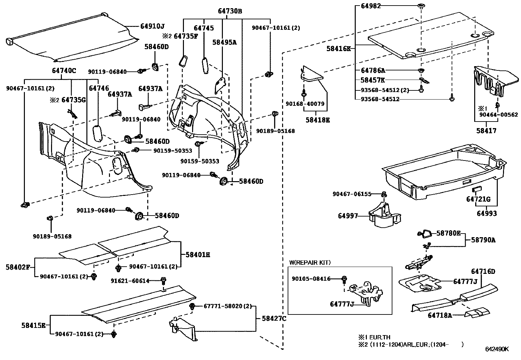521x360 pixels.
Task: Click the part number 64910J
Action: (x=153, y=26)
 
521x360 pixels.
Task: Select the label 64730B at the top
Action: (x=230, y=11)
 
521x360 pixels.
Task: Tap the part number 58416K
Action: (x=338, y=49)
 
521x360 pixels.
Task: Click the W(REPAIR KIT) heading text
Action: (x=310, y=262)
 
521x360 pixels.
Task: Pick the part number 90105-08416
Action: (x=311, y=278)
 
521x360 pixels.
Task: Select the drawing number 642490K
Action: (x=497, y=349)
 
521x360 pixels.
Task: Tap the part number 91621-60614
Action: (x=130, y=281)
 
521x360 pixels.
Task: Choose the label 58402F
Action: (x=17, y=267)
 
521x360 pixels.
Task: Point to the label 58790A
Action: (x=483, y=240)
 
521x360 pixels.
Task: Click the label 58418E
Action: (x=317, y=120)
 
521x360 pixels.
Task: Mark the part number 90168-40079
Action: (x=305, y=104)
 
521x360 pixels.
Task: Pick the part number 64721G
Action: (x=478, y=199)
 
